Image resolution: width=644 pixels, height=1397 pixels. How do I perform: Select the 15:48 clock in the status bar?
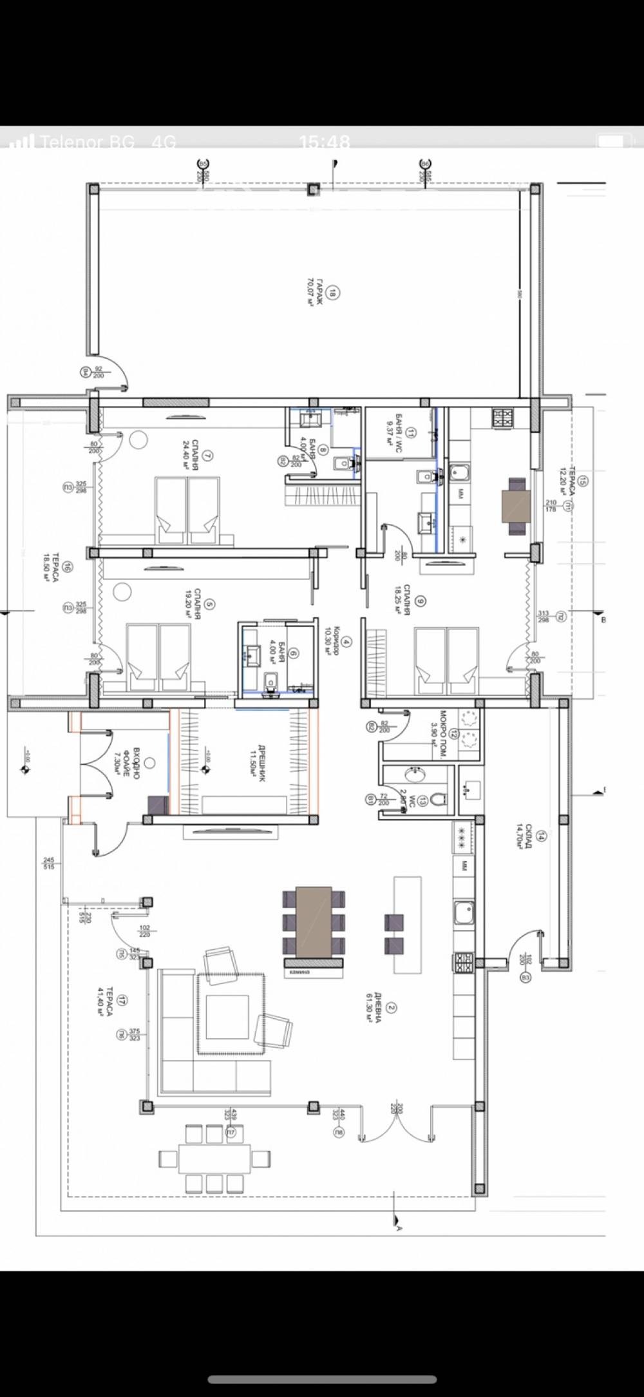click(x=325, y=142)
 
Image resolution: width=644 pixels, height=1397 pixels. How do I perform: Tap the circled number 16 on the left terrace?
click(x=68, y=567)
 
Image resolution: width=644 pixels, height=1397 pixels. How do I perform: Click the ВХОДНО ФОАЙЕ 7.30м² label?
click(x=131, y=764)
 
